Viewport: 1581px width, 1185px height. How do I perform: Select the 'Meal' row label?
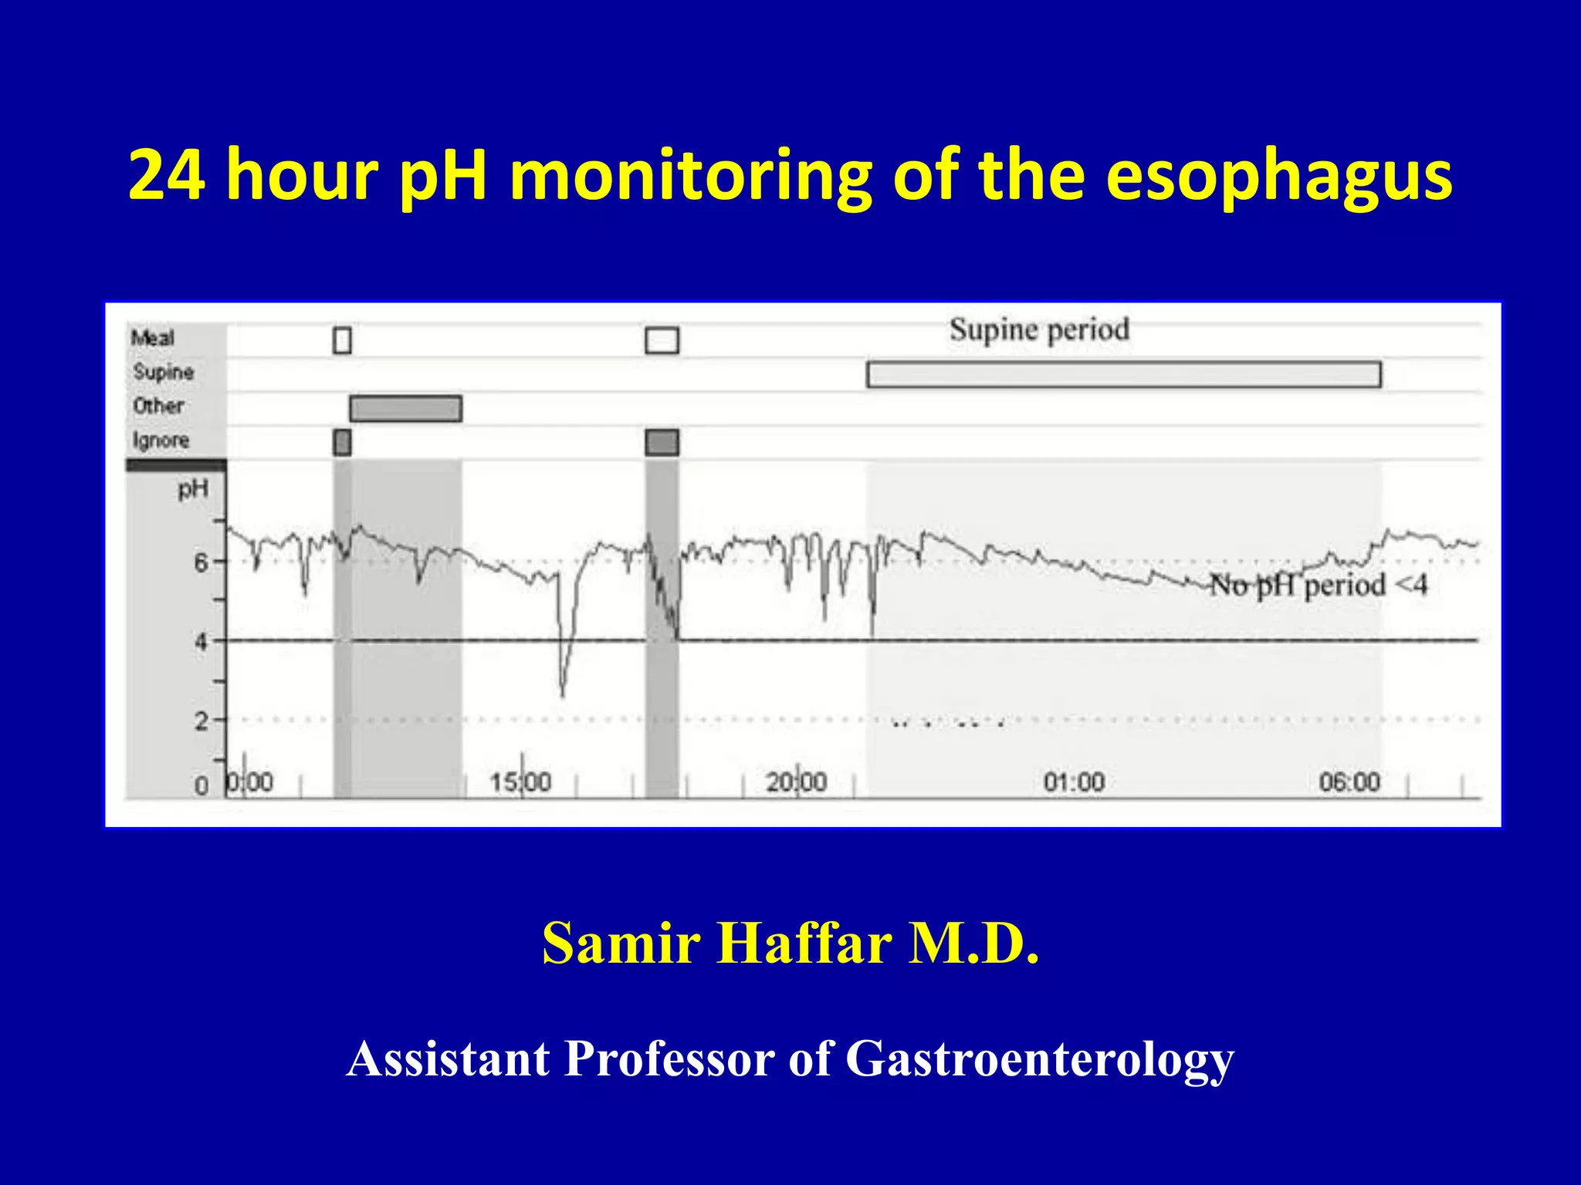click(x=153, y=338)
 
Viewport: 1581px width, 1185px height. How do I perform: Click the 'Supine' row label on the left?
click(x=163, y=372)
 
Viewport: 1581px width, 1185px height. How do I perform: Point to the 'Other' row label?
click(x=158, y=406)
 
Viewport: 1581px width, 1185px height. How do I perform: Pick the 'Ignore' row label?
click(x=161, y=441)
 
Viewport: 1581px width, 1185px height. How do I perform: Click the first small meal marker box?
click(x=342, y=339)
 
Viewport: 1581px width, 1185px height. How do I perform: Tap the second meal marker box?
click(x=662, y=339)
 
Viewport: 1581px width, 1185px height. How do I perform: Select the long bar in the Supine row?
click(x=1123, y=374)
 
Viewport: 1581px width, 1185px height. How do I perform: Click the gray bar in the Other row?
click(x=405, y=408)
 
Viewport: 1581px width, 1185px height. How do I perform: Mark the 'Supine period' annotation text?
click(x=1039, y=329)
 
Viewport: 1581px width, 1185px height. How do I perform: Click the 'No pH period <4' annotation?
click(x=1318, y=585)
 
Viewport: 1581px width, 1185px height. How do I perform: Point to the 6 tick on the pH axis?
click(x=201, y=562)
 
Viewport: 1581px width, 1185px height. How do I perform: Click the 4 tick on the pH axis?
click(x=201, y=641)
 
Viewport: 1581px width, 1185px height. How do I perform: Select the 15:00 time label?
click(x=521, y=782)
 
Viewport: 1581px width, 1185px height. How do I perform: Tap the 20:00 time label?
click(x=796, y=782)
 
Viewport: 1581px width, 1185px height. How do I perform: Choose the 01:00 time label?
click(x=1074, y=782)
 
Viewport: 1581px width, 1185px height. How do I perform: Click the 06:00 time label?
click(x=1349, y=782)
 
